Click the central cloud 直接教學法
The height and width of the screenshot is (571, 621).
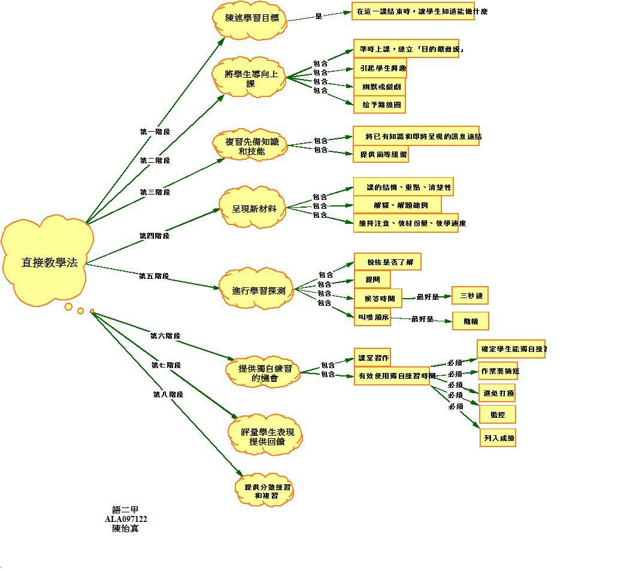point(49,262)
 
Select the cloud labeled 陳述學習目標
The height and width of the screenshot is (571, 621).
point(252,18)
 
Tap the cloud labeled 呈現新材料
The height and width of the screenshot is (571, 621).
point(255,209)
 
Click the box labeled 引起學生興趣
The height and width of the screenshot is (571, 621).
point(380,68)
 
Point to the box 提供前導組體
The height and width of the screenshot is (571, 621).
point(381,154)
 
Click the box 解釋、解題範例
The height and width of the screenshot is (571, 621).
point(397,205)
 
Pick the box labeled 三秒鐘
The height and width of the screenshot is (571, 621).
point(471,296)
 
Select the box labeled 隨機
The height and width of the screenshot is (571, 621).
point(471,321)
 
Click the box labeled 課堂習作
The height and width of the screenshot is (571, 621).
point(373,358)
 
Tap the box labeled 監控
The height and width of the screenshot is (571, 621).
point(498,414)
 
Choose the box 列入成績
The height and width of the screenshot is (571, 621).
point(498,438)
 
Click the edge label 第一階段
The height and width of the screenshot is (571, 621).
point(155,132)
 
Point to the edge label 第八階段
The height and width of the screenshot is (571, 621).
point(168,394)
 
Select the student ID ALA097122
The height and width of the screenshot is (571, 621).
point(126,519)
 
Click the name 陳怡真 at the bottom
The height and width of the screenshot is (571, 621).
point(126,529)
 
